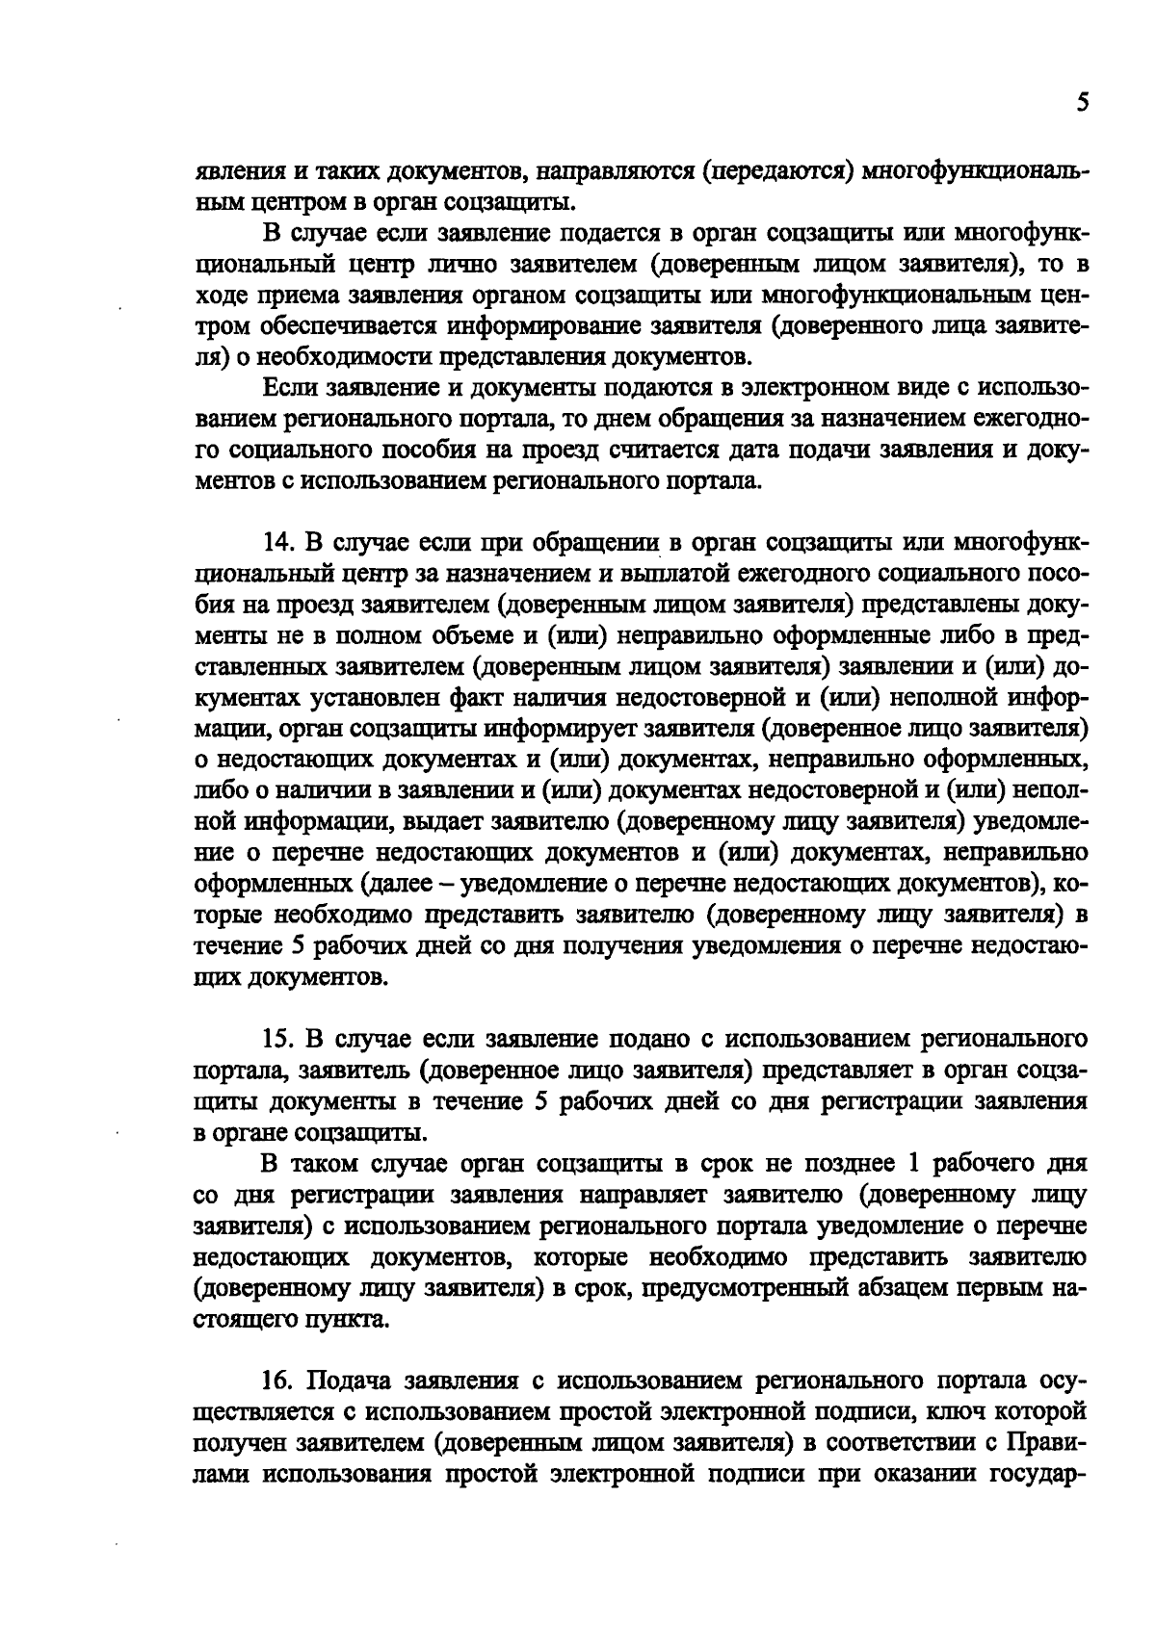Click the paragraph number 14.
(x=278, y=543)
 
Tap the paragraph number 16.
(x=278, y=1381)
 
